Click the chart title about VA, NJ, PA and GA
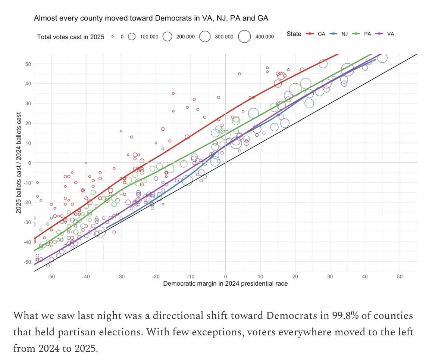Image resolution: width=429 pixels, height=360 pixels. click(x=151, y=18)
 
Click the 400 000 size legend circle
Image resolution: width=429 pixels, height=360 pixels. click(x=245, y=37)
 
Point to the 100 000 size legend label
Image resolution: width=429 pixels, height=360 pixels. click(x=149, y=37)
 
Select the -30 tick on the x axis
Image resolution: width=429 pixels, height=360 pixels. click(x=121, y=277)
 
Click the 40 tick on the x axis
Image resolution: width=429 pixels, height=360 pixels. click(x=365, y=277)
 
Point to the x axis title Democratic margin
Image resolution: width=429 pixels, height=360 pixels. click(x=225, y=283)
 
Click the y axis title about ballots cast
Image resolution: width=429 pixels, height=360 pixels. click(x=18, y=163)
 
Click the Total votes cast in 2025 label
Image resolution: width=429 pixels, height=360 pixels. click(x=71, y=37)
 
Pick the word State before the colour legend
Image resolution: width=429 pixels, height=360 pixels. click(x=294, y=34)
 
